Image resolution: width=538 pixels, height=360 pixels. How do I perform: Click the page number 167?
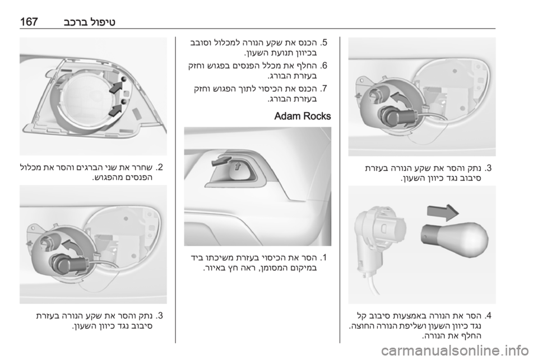click(x=29, y=22)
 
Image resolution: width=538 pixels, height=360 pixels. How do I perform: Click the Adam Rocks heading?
click(x=303, y=116)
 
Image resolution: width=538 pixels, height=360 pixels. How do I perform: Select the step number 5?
click(x=324, y=43)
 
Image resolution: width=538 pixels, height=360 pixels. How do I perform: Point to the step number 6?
click(x=324, y=66)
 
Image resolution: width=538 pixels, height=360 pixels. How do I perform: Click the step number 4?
click(x=488, y=315)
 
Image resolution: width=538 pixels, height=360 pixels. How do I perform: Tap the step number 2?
click(x=160, y=168)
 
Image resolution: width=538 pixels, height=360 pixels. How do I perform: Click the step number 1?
click(x=324, y=257)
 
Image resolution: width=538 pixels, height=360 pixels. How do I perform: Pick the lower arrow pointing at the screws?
click(x=115, y=110)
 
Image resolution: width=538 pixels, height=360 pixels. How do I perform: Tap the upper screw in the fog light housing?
click(x=124, y=79)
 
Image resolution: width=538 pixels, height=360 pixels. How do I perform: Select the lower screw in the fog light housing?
click(x=124, y=101)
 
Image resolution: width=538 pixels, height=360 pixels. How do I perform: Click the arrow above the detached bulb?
click(x=443, y=213)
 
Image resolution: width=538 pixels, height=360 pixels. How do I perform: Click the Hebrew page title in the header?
click(x=90, y=22)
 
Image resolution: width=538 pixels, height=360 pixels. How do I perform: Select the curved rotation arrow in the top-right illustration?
click(x=401, y=99)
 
